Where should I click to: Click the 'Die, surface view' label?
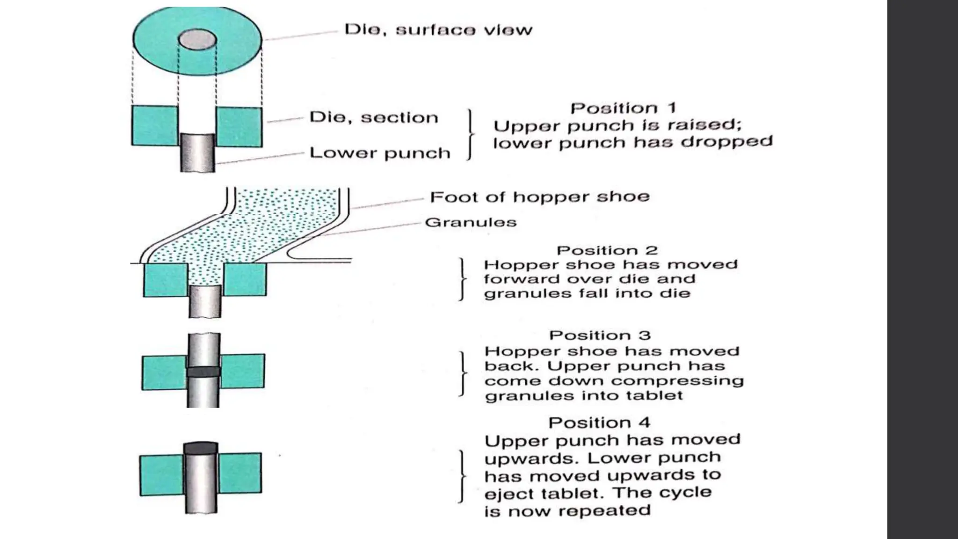[x=438, y=30]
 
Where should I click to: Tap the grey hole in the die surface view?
[x=197, y=39]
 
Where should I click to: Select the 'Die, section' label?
[x=374, y=117]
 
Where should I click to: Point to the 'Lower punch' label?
[x=380, y=153]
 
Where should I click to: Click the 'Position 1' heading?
[x=623, y=108]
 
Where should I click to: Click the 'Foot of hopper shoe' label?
[x=539, y=197]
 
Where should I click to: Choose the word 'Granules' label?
[x=471, y=222]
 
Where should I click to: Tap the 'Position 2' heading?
[x=607, y=250]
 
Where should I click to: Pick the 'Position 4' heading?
[x=599, y=422]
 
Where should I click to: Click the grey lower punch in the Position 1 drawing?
[x=197, y=153]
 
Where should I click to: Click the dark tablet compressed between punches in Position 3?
[x=203, y=372]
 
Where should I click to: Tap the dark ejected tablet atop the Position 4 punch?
[x=201, y=448]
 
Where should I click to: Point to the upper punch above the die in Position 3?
[x=204, y=349]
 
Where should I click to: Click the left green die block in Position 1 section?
[x=154, y=125]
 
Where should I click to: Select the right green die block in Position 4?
[x=240, y=473]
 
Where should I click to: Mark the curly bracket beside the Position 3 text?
[x=463, y=373]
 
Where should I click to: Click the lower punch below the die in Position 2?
[x=205, y=301]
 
